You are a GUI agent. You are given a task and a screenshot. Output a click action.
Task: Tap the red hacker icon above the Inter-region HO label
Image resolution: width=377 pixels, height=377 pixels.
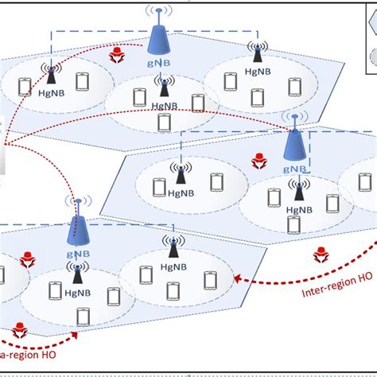click(x=321, y=255)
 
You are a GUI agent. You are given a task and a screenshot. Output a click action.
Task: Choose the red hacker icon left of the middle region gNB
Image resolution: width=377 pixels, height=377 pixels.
click(x=258, y=161)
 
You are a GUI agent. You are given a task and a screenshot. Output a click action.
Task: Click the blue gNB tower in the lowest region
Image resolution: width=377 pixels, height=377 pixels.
click(x=78, y=230)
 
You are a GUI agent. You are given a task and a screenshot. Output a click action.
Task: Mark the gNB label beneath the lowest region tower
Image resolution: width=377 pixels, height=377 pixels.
click(x=79, y=255)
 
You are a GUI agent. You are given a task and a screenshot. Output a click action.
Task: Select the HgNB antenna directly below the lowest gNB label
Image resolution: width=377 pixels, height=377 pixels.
click(x=77, y=273)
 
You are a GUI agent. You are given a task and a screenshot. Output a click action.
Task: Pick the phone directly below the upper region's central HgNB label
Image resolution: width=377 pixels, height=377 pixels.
click(x=165, y=122)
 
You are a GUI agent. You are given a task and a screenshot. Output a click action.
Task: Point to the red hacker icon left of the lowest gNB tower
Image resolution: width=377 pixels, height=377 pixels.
click(x=28, y=260)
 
